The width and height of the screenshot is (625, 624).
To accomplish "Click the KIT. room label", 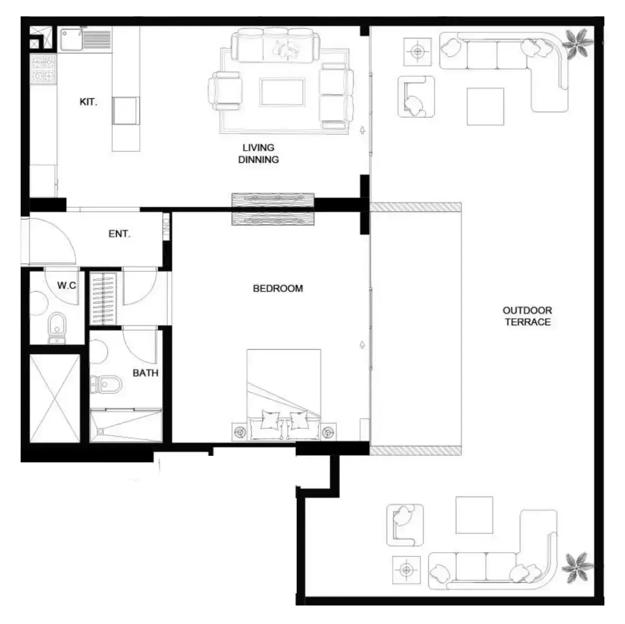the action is tap(88, 102).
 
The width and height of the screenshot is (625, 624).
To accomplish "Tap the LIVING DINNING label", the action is tap(258, 153).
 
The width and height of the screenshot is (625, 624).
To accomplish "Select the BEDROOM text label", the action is tap(278, 288).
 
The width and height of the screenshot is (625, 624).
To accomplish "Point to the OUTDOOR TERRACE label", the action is tap(527, 316).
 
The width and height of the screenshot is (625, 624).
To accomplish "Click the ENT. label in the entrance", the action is tap(120, 234).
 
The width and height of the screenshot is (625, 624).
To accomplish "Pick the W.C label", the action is tap(67, 285).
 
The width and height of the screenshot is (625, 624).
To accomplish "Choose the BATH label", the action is tap(145, 373).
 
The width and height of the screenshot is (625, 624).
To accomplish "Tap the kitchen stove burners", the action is tap(43, 69).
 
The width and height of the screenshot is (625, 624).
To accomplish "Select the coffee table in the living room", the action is tap(282, 92).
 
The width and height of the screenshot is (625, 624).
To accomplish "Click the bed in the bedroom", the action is tap(284, 394).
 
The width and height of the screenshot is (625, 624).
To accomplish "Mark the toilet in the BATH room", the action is tap(106, 384).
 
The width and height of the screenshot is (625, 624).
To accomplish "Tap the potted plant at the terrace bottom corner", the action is tap(577, 567).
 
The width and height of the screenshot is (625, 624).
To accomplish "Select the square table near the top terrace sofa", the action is tap(485, 106).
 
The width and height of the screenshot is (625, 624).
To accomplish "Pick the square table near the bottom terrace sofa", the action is tap(474, 515).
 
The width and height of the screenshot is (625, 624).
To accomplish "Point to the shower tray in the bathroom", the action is tap(126, 426).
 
